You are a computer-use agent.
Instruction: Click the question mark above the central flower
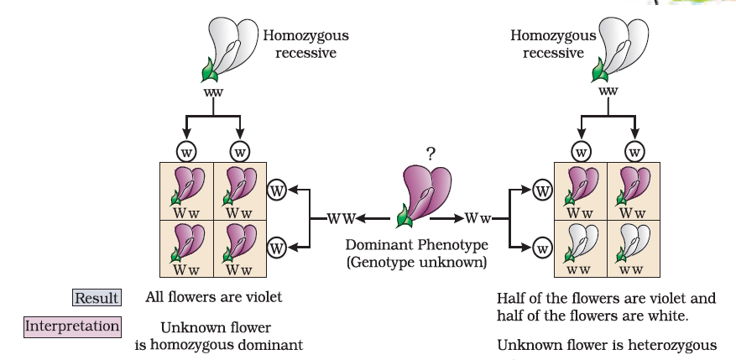click(x=431, y=154)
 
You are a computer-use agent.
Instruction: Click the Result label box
click(x=97, y=298)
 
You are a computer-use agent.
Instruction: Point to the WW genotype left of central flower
click(x=338, y=219)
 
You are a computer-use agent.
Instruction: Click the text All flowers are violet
click(x=213, y=296)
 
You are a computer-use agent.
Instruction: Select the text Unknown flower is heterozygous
click(x=607, y=345)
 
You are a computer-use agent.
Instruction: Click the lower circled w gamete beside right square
click(x=542, y=248)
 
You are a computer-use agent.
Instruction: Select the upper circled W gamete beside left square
click(x=276, y=190)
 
